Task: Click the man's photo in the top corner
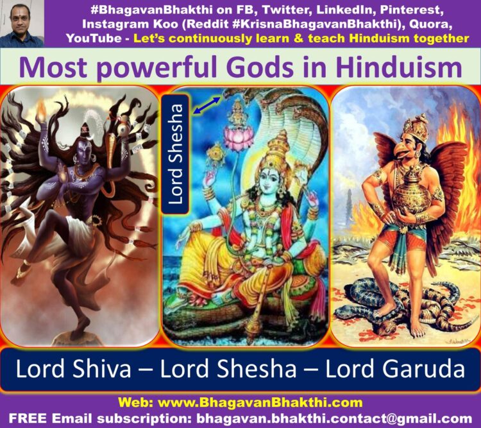coord(22,24)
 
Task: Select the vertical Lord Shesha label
coord(175,154)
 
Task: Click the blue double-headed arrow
coord(207,106)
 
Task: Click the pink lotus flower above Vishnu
coord(239,137)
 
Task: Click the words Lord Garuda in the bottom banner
coord(395,369)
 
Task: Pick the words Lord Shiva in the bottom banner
coord(73,369)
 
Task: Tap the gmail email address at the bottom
coord(334,418)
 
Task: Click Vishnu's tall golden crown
coord(278,149)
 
